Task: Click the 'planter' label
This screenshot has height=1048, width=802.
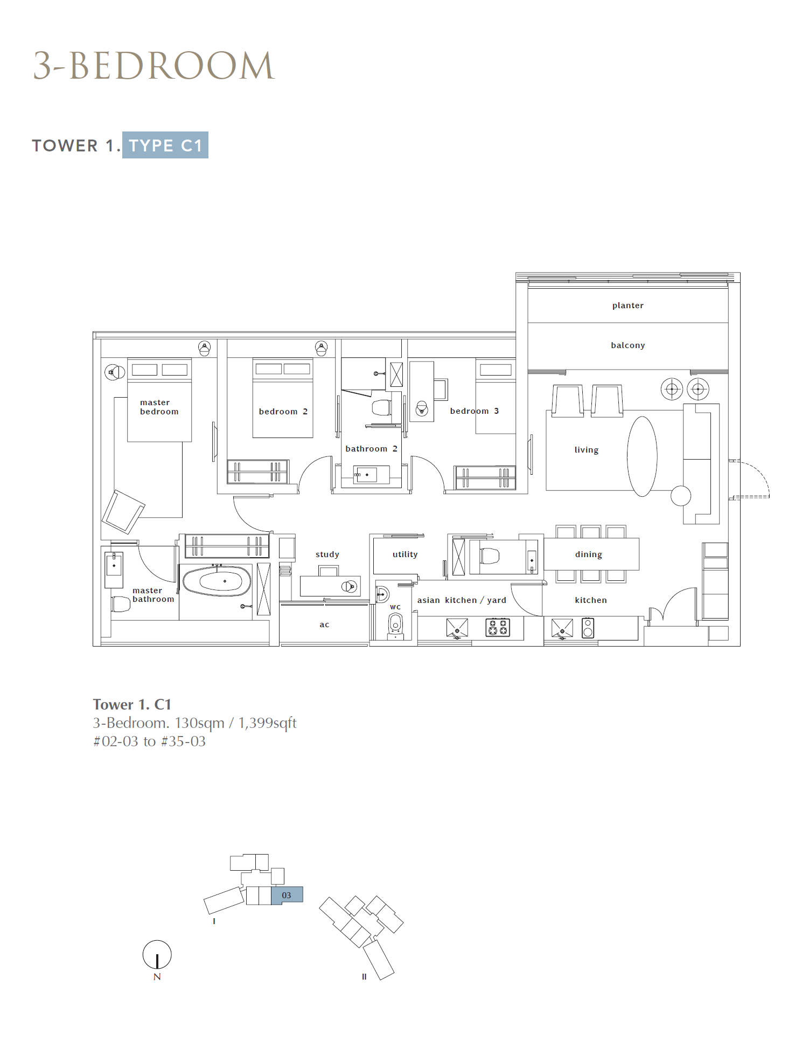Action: click(x=627, y=306)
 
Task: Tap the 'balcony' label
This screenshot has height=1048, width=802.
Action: click(x=627, y=345)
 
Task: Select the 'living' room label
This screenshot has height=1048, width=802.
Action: click(x=586, y=450)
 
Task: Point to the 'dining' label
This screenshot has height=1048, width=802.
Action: click(x=588, y=554)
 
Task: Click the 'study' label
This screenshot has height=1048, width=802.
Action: click(x=327, y=554)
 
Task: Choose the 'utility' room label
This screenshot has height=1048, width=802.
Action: click(x=405, y=554)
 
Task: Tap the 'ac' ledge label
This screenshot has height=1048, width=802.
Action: click(x=324, y=624)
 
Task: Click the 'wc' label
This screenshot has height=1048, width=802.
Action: click(x=395, y=607)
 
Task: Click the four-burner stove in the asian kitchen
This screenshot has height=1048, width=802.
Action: click(x=498, y=628)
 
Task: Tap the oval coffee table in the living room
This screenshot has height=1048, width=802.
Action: click(x=642, y=456)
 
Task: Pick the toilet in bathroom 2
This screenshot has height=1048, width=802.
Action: click(x=381, y=407)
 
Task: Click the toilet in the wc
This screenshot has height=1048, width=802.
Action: click(x=395, y=625)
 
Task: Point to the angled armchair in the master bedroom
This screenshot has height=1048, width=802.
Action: click(x=123, y=511)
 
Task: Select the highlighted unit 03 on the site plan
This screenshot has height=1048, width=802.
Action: click(x=287, y=895)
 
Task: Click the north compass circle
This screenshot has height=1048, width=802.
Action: click(x=157, y=954)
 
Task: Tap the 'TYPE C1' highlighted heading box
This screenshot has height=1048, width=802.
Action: click(x=165, y=145)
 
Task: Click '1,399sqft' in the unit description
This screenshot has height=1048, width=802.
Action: click(x=267, y=723)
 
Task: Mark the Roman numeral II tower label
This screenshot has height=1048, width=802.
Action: click(x=364, y=976)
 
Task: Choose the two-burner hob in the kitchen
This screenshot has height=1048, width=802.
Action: click(x=588, y=628)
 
